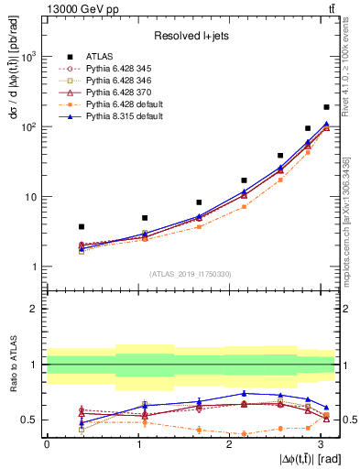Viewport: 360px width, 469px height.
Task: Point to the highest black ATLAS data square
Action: [x=326, y=107]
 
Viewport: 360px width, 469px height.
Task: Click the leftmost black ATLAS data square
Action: [x=82, y=226]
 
